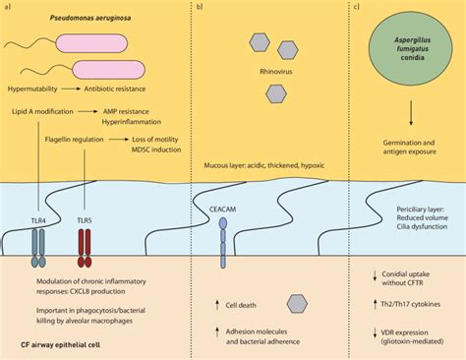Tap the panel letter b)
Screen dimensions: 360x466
coord(199,7)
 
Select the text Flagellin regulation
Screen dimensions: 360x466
coord(75,141)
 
